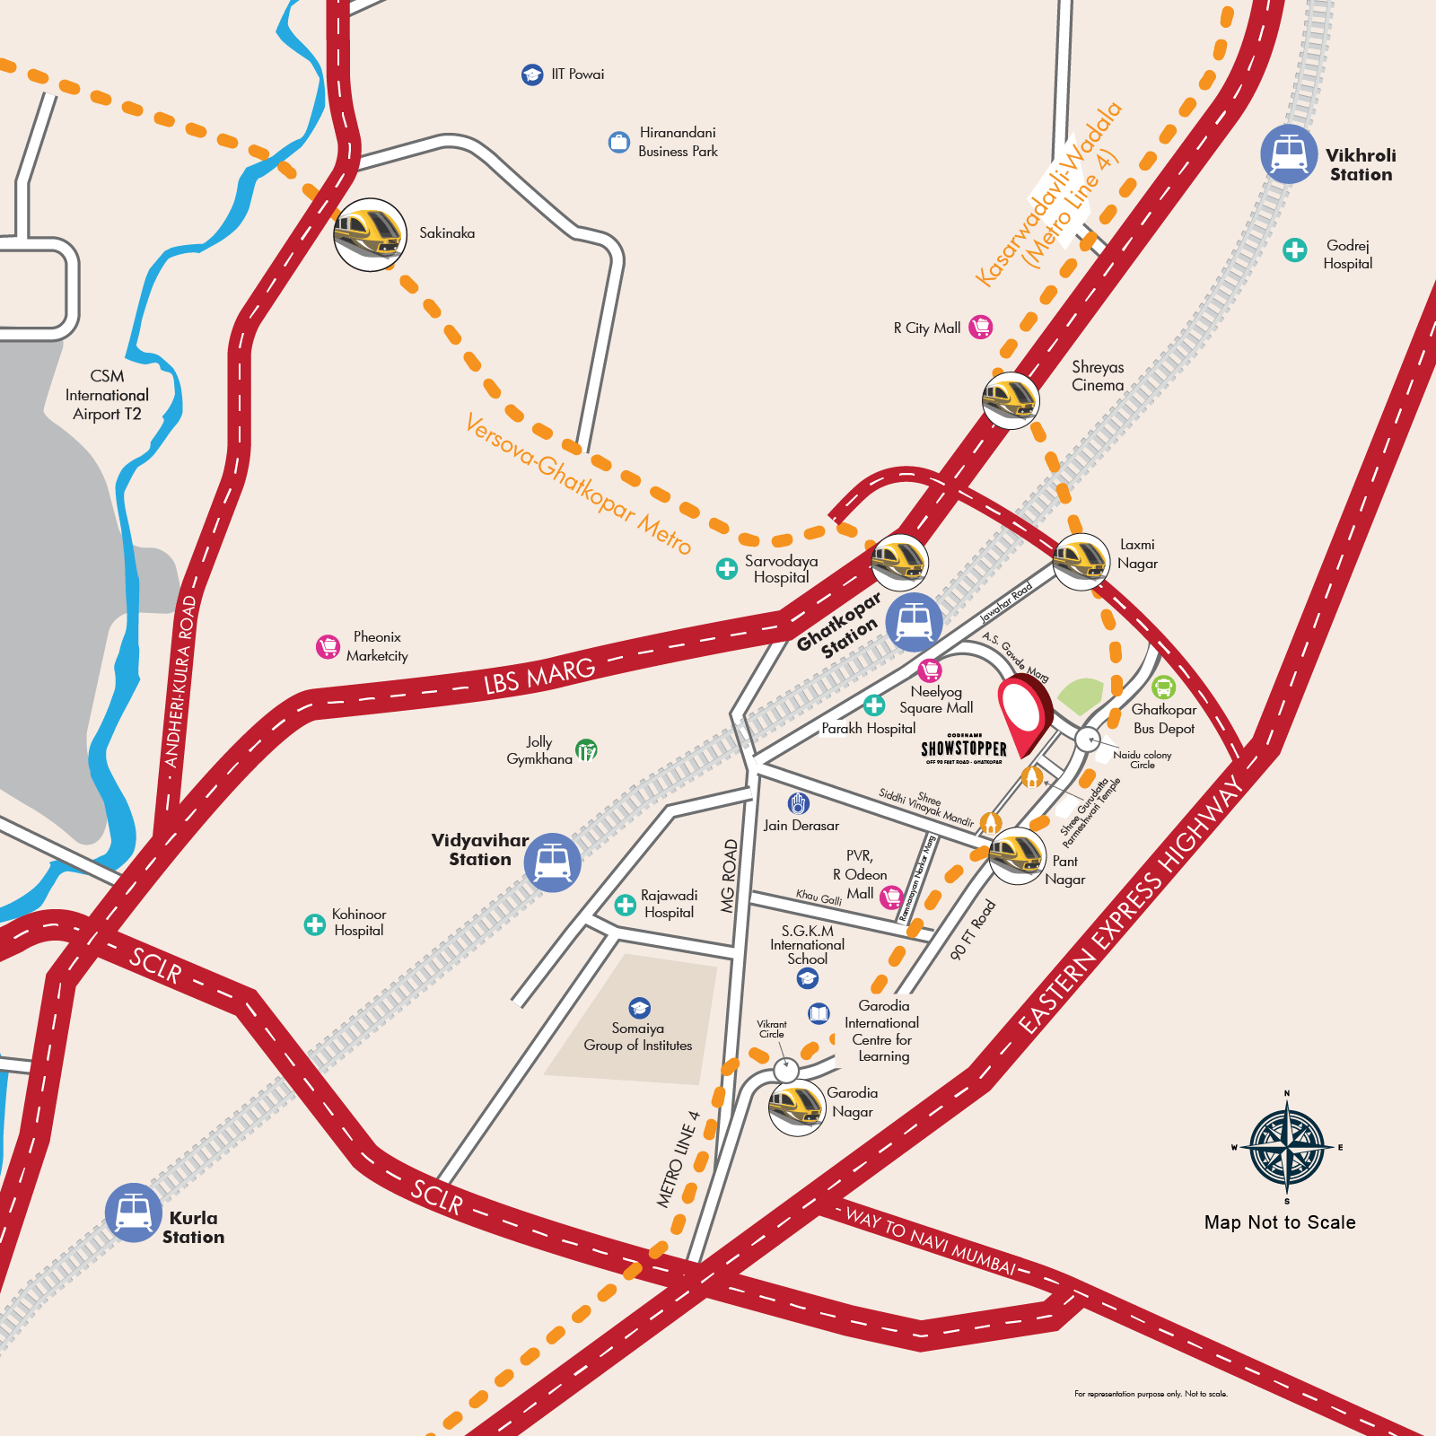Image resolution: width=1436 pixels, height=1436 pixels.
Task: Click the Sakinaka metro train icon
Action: [370, 234]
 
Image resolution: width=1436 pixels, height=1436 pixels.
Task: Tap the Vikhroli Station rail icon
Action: [1289, 154]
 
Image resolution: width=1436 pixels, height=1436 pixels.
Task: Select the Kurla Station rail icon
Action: [134, 1213]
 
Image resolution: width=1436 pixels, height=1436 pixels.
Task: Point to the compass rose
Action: [1287, 1147]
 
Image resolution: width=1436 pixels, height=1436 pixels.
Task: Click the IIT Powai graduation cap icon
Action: [532, 74]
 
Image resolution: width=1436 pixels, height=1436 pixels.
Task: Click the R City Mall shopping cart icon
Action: [981, 328]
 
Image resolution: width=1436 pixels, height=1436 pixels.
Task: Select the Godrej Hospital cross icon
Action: [1294, 250]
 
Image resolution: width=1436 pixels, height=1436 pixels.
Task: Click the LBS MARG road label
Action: [539, 676]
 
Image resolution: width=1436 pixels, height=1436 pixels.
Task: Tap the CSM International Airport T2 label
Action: [107, 395]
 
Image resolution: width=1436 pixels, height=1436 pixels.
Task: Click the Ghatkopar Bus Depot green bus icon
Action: [1163, 687]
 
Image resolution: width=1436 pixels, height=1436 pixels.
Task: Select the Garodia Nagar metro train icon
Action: [797, 1108]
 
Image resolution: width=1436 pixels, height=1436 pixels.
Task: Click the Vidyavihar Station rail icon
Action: [552, 862]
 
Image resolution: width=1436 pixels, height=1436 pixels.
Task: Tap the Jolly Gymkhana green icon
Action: [586, 749]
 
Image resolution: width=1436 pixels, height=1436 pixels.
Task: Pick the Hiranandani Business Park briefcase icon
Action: [618, 142]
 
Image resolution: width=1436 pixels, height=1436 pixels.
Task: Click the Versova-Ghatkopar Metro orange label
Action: [579, 484]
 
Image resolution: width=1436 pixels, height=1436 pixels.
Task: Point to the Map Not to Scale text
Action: [1280, 1222]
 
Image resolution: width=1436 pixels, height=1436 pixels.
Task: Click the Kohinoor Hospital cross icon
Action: [314, 924]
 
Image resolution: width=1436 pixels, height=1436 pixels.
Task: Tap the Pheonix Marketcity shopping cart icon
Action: [328, 646]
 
